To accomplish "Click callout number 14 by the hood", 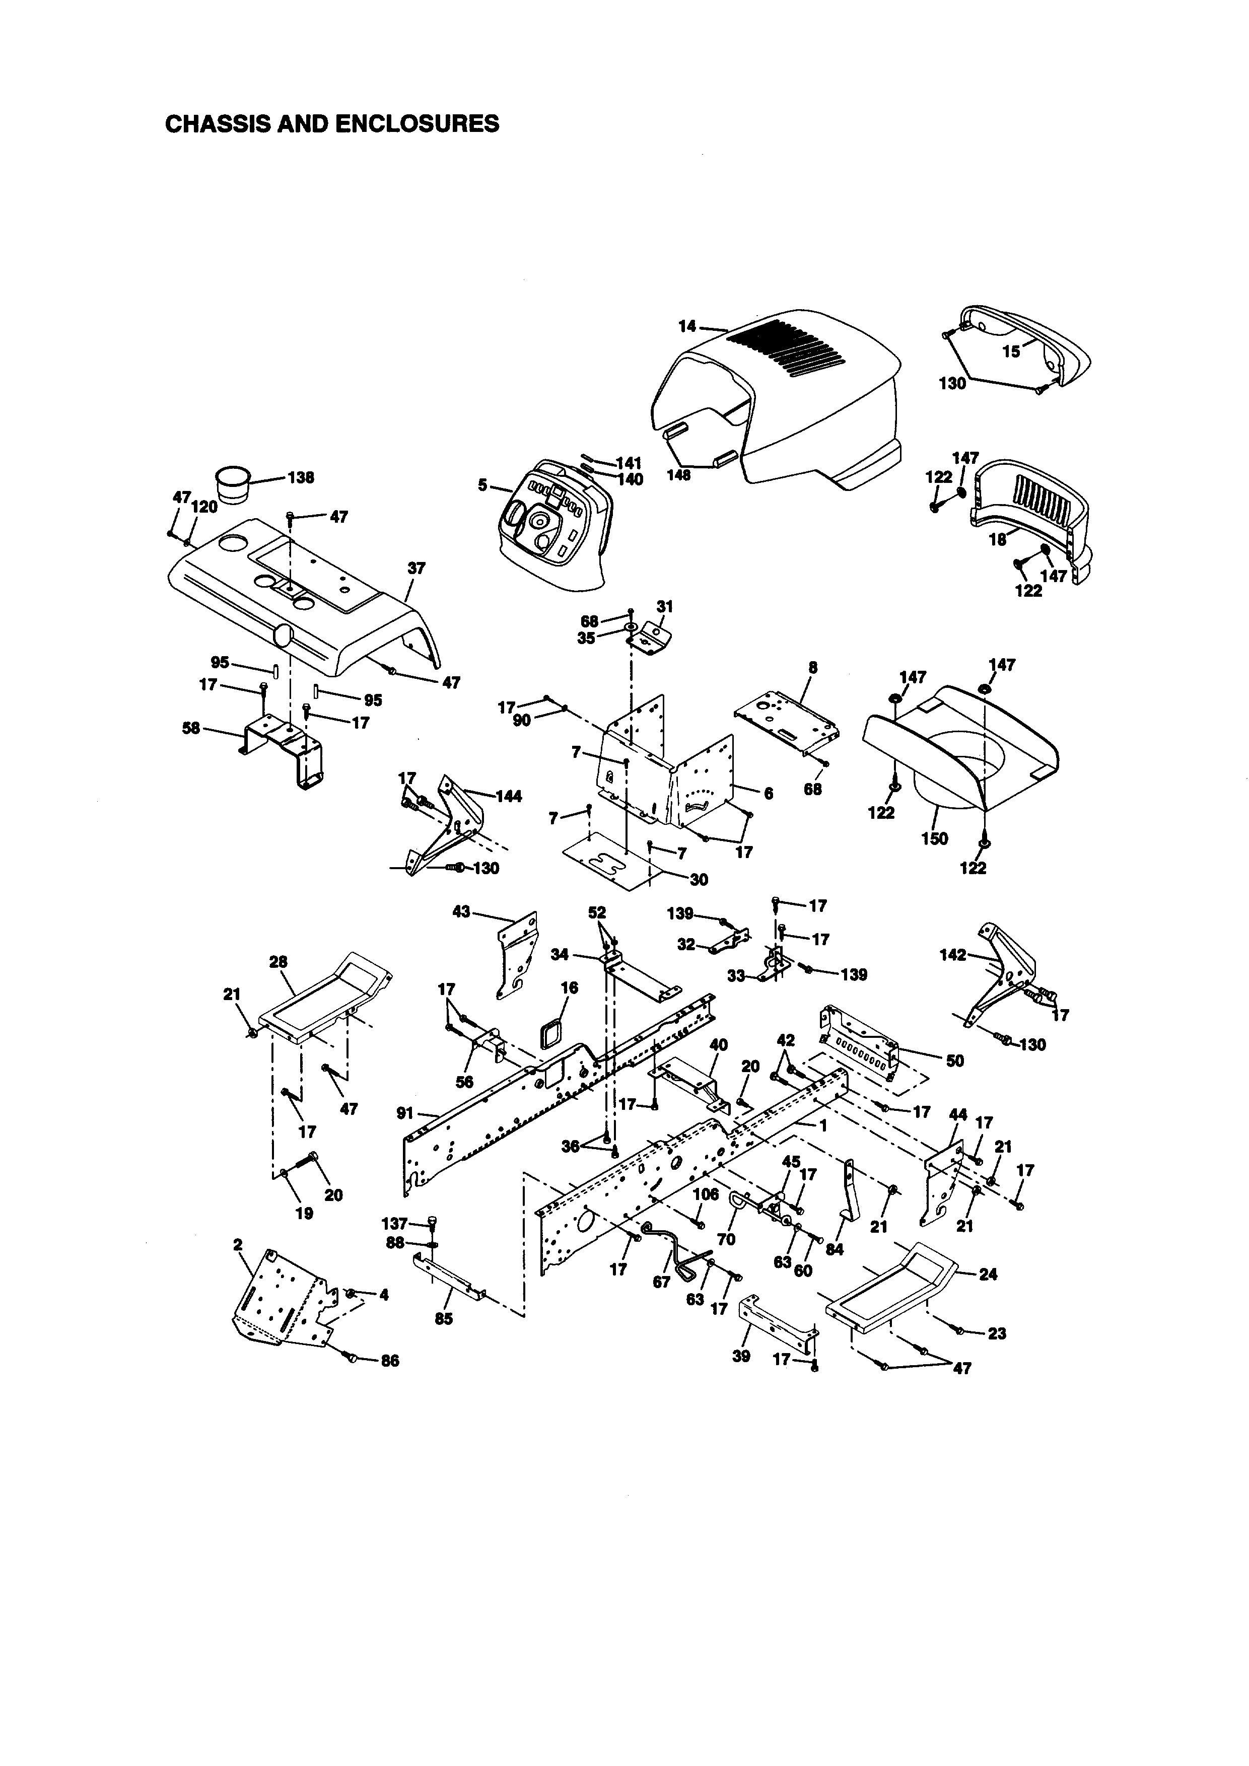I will tap(687, 326).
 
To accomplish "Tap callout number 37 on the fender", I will tap(416, 569).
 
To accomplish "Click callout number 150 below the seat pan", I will tap(934, 838).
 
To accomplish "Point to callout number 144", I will tap(508, 796).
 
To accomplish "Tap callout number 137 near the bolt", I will tap(394, 1223).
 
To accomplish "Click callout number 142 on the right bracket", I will tap(953, 955).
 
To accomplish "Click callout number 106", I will tap(705, 1194).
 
